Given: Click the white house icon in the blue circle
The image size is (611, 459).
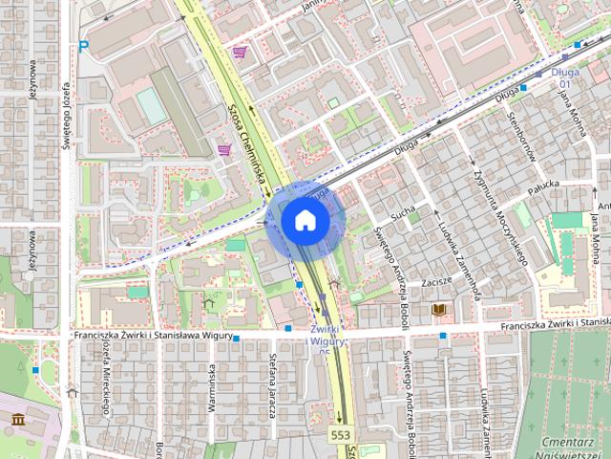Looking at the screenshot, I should [x=305, y=220].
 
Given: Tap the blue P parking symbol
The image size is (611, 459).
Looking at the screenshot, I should [x=84, y=46].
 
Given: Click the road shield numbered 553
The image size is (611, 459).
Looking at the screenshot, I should [x=341, y=435].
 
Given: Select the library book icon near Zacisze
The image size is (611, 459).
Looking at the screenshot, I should [x=439, y=311].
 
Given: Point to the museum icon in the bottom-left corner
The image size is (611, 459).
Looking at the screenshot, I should [x=19, y=418].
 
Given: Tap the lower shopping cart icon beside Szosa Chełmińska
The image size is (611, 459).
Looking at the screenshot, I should [x=223, y=149].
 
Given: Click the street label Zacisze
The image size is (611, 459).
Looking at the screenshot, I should [x=435, y=284].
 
